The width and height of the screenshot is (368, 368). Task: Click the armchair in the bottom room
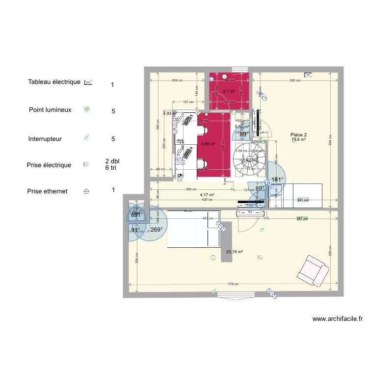(x=310, y=270)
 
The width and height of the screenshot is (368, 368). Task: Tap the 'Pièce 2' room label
(x=298, y=134)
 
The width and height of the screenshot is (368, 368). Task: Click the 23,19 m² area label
(x=235, y=252)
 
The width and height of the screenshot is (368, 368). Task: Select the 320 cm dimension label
(x=295, y=80)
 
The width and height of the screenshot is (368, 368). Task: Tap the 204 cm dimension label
(x=177, y=80)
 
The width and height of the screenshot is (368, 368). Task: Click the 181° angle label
(x=278, y=180)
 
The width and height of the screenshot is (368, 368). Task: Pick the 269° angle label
(x=157, y=230)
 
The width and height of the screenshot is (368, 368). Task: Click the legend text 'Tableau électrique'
(x=54, y=82)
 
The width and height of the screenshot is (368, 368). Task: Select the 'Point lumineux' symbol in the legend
(x=87, y=109)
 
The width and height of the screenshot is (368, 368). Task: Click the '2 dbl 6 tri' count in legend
(x=112, y=164)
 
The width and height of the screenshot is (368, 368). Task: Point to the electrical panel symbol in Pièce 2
(x=308, y=75)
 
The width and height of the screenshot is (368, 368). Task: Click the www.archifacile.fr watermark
(x=338, y=318)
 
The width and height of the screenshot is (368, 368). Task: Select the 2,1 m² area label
(x=229, y=91)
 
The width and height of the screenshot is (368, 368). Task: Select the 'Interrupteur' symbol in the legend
(x=87, y=138)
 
